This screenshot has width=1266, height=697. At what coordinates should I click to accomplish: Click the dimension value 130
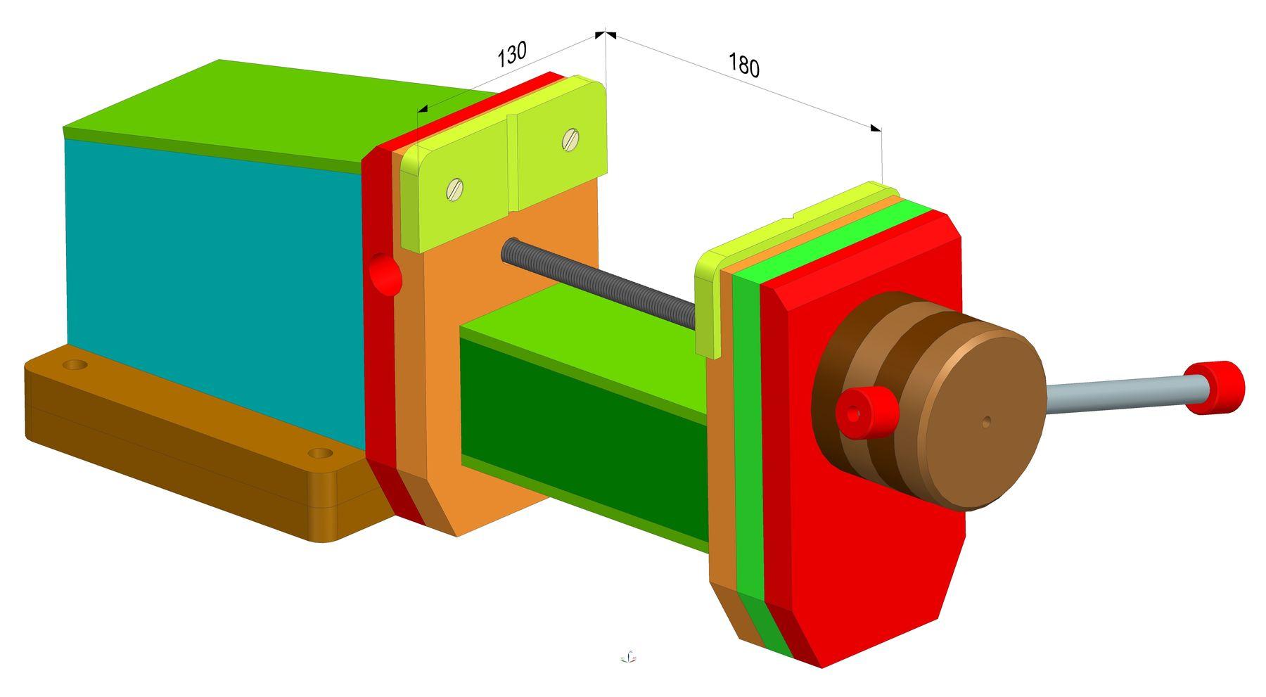click(511, 54)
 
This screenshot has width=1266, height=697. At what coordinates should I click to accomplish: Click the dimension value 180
click(743, 65)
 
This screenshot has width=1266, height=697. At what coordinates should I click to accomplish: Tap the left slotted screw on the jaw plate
click(455, 188)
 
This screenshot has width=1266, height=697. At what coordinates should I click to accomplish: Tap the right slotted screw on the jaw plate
click(570, 140)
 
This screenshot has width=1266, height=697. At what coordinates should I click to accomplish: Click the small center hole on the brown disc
click(986, 421)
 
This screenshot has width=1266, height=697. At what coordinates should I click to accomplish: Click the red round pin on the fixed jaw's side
click(384, 274)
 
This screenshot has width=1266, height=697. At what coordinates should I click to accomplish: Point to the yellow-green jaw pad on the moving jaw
click(707, 309)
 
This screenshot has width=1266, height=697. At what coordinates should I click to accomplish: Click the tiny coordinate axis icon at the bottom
click(628, 657)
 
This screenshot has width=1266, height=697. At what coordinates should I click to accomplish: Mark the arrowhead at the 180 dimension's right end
click(876, 128)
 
